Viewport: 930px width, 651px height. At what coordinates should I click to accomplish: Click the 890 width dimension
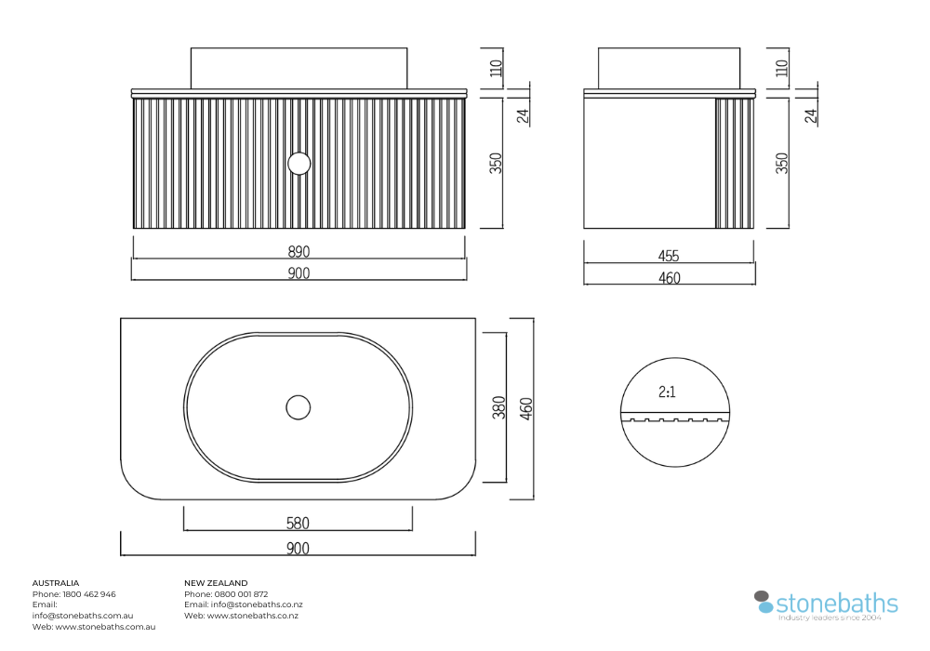(x=299, y=251)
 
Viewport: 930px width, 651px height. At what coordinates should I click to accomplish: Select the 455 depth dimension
(x=669, y=256)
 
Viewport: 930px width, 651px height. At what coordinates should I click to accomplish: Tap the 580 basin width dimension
(x=298, y=523)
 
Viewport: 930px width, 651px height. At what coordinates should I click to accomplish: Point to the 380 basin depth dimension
(x=499, y=407)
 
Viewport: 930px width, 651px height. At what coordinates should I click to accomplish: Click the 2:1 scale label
(x=667, y=392)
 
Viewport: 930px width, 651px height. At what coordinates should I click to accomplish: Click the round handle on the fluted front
(x=299, y=163)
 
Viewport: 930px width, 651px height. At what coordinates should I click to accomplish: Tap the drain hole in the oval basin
(x=299, y=407)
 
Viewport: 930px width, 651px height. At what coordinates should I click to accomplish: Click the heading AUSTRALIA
(x=56, y=583)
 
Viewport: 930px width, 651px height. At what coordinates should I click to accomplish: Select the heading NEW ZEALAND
(x=216, y=583)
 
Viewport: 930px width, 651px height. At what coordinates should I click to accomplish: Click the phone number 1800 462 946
(x=89, y=594)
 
